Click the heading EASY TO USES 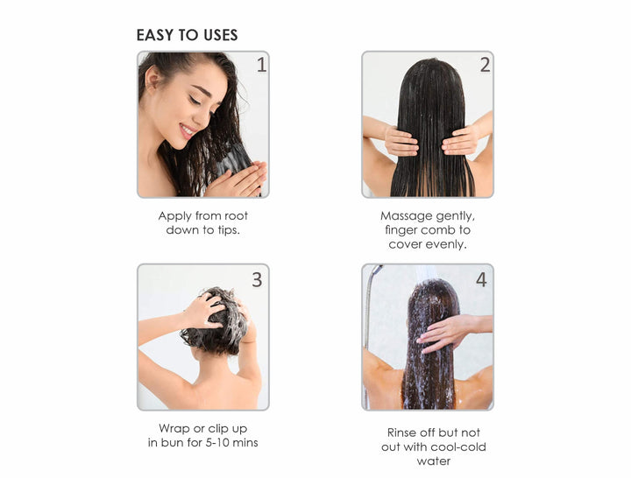click(188, 35)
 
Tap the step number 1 click(261, 65)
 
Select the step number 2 click(485, 65)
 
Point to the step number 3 click(257, 279)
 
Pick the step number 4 click(481, 279)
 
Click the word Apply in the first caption click(174, 216)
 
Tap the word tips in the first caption click(228, 230)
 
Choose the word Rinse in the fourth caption click(401, 432)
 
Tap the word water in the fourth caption click(434, 461)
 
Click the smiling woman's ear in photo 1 click(152, 79)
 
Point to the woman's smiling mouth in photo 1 click(188, 130)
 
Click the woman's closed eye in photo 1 click(196, 100)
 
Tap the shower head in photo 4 click(377, 270)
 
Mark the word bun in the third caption click(172, 443)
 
